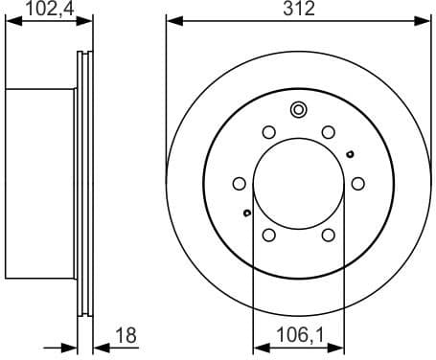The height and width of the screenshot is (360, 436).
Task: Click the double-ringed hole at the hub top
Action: point(298,109)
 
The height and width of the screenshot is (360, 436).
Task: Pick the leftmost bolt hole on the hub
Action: point(239,183)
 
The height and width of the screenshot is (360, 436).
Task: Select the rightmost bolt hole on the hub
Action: point(357,183)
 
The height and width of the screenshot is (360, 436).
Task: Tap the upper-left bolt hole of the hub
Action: point(268,132)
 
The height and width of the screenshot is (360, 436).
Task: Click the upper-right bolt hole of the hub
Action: point(328,132)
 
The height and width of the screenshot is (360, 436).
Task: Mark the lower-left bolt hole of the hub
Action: point(268,235)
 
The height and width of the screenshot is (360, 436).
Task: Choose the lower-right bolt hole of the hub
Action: point(328,235)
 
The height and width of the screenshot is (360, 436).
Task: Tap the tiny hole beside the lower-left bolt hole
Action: point(247,213)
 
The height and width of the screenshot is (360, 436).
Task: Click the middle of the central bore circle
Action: point(298,183)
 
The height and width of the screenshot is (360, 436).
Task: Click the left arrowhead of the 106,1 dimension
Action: point(257,347)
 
